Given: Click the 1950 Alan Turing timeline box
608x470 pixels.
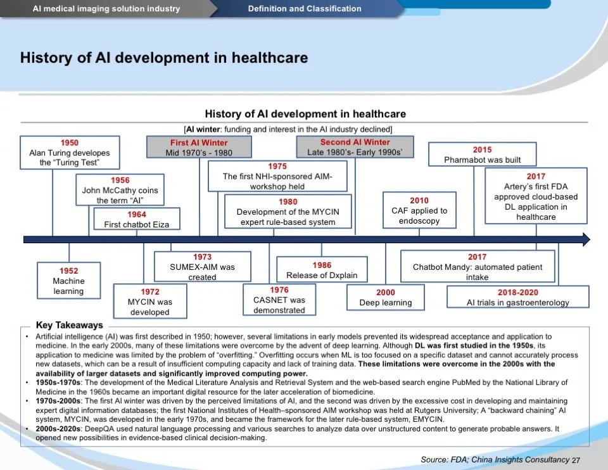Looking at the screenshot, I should click(x=70, y=153).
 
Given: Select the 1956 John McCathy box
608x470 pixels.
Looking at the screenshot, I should click(x=120, y=190).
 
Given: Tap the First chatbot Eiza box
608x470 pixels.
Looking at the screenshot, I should click(x=137, y=219).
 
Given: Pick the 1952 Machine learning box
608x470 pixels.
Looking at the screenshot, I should click(x=68, y=281).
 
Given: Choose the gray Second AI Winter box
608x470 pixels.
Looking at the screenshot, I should click(x=355, y=147).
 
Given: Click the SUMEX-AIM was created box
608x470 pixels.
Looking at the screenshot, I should click(x=202, y=267).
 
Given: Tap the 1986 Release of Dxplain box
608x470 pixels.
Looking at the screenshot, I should click(x=322, y=270).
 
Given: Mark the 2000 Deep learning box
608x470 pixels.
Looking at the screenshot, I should click(x=385, y=297).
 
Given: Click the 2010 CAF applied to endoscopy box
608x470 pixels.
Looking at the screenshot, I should click(x=419, y=210).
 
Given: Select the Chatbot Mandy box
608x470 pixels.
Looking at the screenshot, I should click(x=478, y=267).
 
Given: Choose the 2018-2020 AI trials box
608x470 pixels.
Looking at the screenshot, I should click(x=517, y=297).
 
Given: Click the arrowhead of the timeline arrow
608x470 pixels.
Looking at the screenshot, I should click(x=585, y=239).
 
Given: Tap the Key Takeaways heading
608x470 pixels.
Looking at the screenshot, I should click(x=69, y=326).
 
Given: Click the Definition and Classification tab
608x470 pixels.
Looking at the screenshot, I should click(x=305, y=9).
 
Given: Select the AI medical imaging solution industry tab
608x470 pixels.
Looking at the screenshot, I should click(x=106, y=9).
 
